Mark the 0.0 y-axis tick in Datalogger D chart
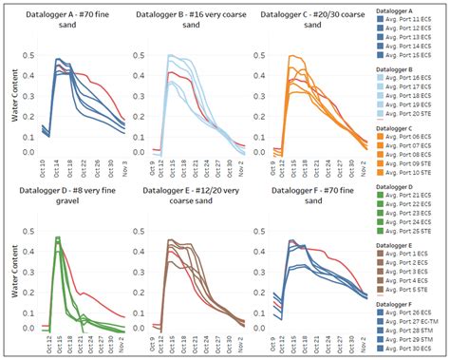(29, 328)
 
